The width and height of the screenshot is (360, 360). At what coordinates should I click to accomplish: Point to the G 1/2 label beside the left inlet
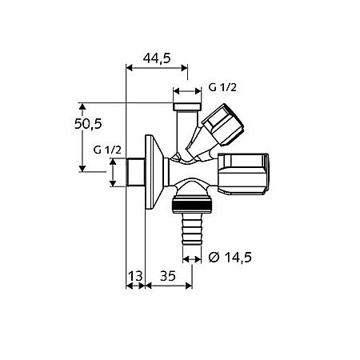[x=106, y=150]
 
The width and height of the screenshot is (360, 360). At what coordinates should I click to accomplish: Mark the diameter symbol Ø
[x=214, y=257]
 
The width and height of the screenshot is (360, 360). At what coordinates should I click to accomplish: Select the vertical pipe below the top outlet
[x=185, y=128]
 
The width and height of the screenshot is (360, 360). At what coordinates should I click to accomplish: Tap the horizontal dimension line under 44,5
[x=160, y=69]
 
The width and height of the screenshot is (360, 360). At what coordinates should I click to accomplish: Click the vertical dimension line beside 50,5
[x=82, y=136]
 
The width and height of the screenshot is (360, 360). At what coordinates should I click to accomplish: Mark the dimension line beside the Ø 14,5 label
[x=192, y=258]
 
